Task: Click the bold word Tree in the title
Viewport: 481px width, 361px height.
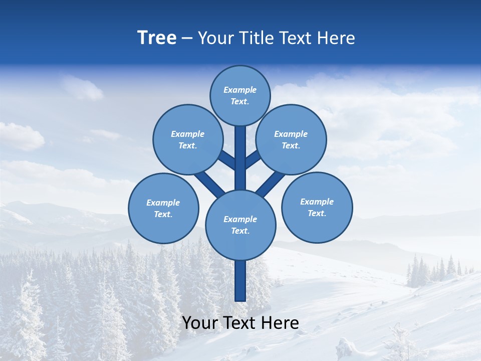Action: tap(157, 38)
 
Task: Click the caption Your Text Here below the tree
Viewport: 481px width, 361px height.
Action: tap(241, 323)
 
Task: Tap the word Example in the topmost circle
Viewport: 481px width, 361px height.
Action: tap(240, 90)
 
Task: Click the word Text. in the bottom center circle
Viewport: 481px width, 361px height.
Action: tap(240, 231)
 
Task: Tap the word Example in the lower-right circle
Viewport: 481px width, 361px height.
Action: tap(317, 202)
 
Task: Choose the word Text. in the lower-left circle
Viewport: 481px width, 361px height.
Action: tap(163, 215)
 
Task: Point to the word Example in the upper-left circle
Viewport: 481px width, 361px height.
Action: tap(187, 134)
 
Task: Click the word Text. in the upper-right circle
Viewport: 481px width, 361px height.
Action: tap(291, 146)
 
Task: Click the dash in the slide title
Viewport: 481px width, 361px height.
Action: tap(187, 38)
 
